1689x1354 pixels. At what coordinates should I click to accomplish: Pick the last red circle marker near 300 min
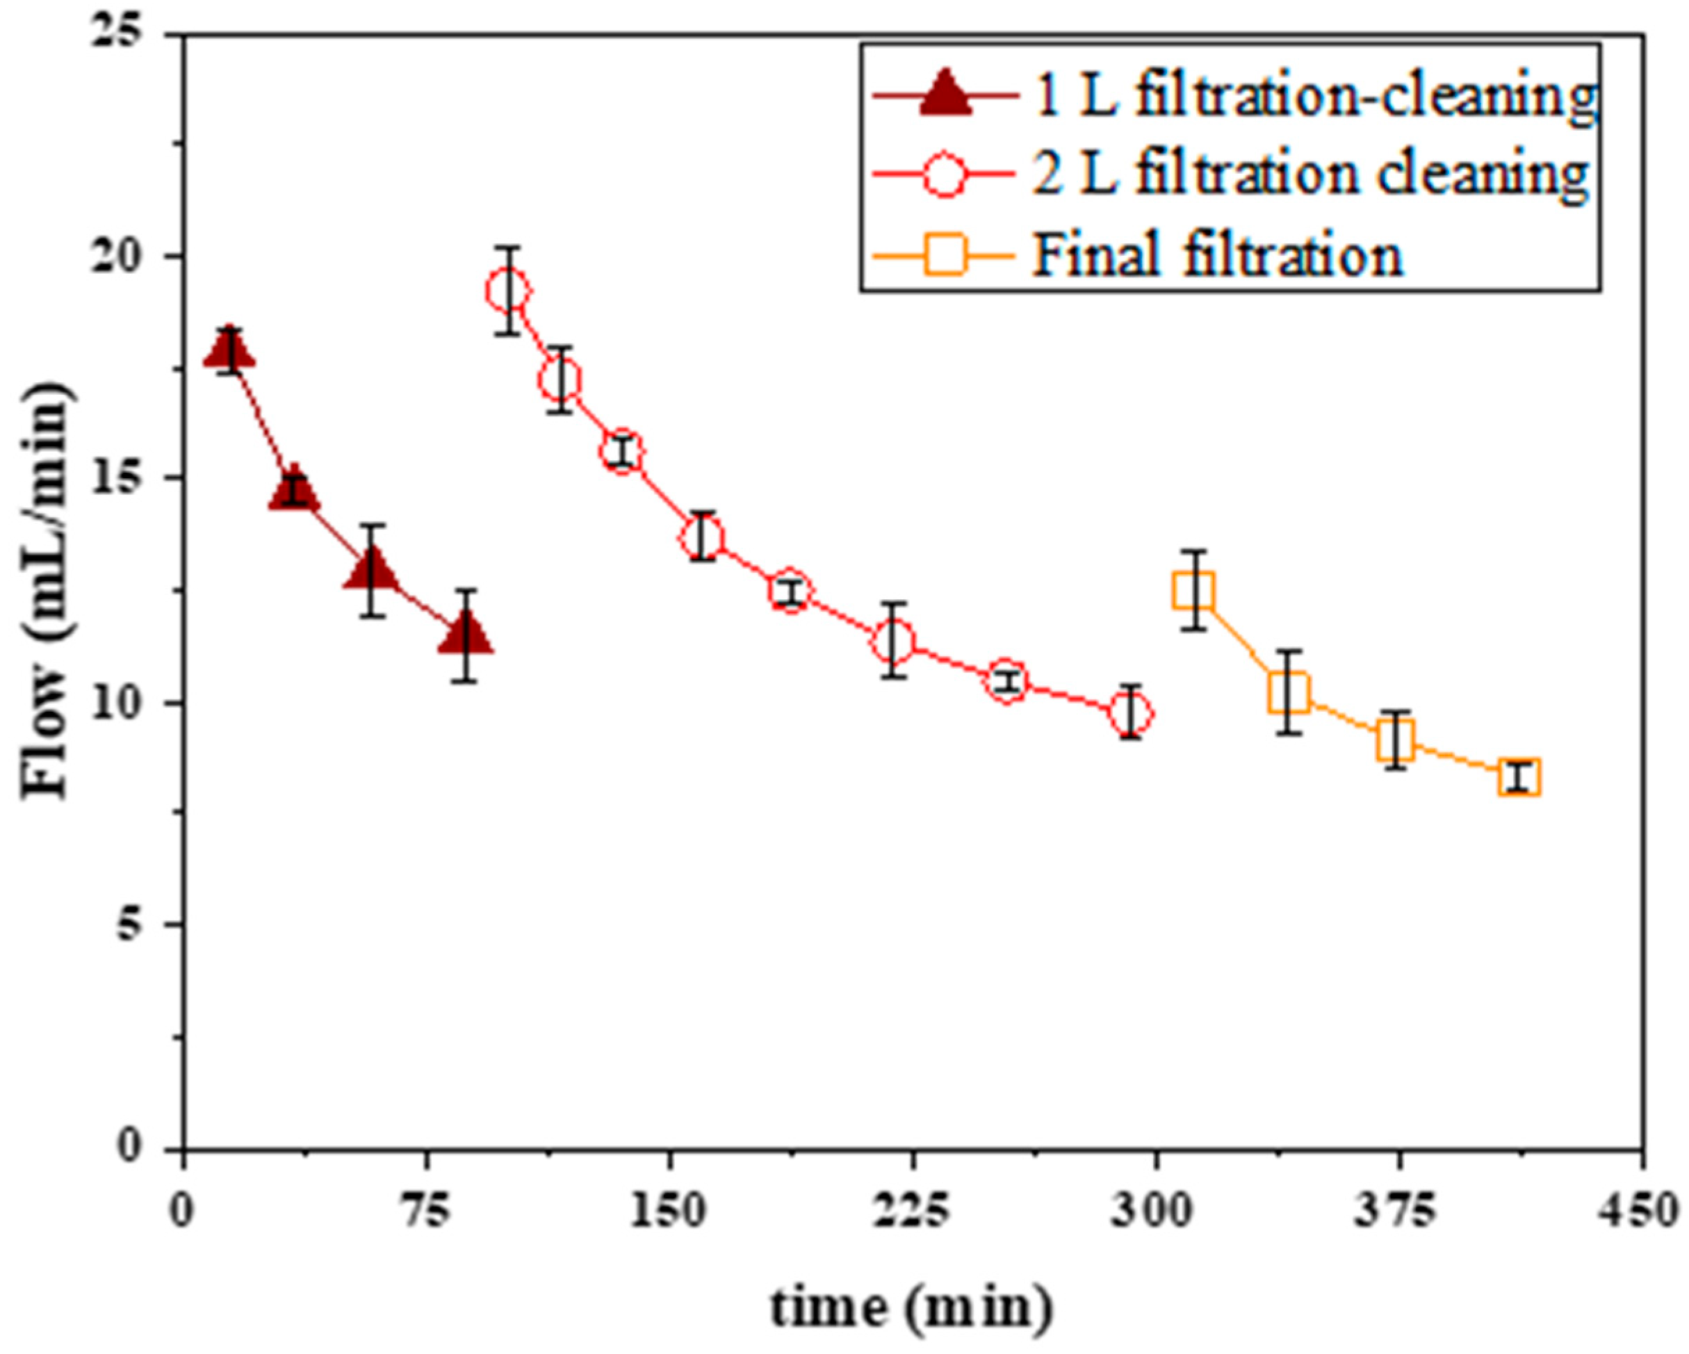click(x=1129, y=713)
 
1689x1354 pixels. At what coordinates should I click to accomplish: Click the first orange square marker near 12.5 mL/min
click(x=1194, y=591)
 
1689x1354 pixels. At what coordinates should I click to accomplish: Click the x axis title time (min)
click(x=911, y=1307)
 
